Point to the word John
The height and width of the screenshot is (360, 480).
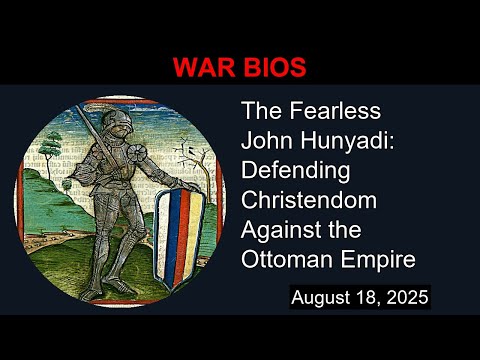point(265,142)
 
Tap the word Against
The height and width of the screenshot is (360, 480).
point(283,229)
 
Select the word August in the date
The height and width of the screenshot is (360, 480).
point(322,298)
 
